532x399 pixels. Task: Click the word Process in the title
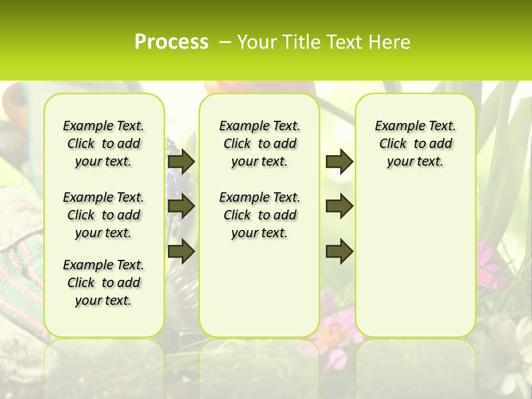click(171, 42)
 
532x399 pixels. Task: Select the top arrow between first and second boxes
click(181, 161)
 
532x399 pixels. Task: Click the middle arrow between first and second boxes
click(181, 206)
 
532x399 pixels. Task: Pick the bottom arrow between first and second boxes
click(181, 251)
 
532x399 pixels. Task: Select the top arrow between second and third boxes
click(339, 161)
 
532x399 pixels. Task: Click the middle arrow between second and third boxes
click(339, 206)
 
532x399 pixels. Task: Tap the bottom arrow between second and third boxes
click(339, 251)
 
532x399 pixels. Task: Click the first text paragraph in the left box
click(104, 144)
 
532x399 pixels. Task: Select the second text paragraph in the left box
click(104, 215)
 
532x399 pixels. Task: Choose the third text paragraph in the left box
click(104, 283)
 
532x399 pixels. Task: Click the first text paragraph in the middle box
click(260, 144)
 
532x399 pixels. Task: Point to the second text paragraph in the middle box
click(260, 215)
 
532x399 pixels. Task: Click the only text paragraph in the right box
click(416, 144)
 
